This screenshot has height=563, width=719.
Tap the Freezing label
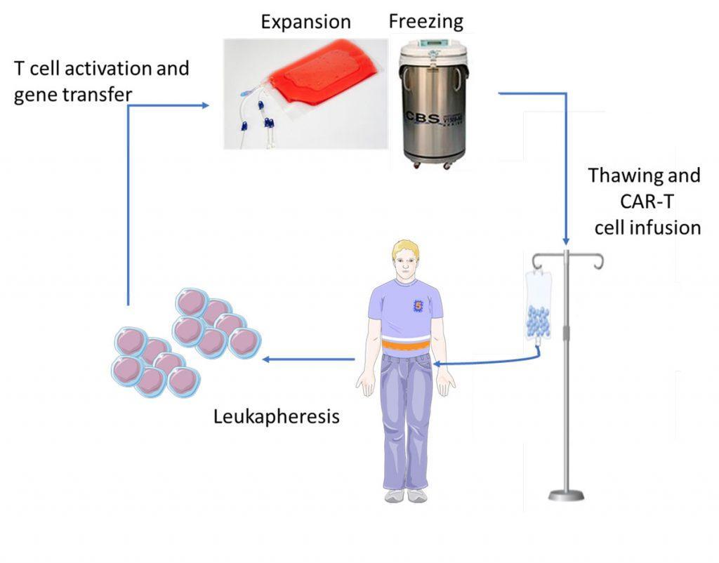tap(426, 22)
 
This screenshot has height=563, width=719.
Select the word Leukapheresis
tap(277, 417)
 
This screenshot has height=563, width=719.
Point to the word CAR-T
tap(647, 201)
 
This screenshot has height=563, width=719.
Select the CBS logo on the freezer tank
tap(423, 118)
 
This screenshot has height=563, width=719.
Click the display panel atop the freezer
tap(433, 43)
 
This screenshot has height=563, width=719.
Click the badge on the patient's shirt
tap(418, 306)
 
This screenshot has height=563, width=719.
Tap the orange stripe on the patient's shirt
tap(405, 344)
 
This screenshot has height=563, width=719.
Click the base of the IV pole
tap(567, 495)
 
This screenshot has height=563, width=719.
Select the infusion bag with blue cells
tap(539, 308)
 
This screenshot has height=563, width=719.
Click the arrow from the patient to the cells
tap(309, 359)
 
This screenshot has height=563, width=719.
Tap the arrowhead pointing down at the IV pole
tap(566, 241)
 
